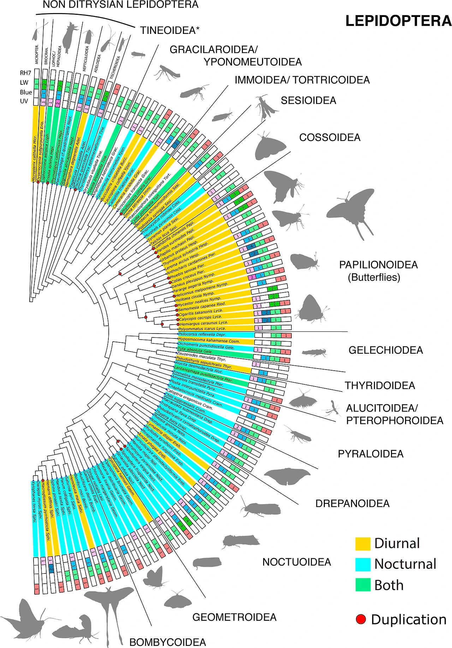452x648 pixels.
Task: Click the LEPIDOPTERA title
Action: (x=398, y=21)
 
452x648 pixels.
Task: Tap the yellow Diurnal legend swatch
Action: (x=363, y=543)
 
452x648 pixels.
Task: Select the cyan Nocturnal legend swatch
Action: (x=363, y=564)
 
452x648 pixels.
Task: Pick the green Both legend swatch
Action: (x=363, y=585)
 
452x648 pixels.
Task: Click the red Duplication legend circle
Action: (x=361, y=619)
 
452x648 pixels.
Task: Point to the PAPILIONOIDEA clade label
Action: (x=378, y=265)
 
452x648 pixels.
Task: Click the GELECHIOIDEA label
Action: (x=386, y=350)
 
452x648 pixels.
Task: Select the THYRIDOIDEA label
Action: (x=380, y=385)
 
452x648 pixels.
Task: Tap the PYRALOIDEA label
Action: (x=370, y=454)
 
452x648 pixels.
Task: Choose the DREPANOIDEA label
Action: (x=352, y=503)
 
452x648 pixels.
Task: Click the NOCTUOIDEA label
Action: (x=297, y=562)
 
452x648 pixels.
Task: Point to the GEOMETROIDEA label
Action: (x=234, y=617)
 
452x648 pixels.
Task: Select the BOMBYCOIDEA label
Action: (x=168, y=642)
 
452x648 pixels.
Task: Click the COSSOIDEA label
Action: (x=330, y=137)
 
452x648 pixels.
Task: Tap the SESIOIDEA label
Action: (x=308, y=101)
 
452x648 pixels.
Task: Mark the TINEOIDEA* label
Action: (x=169, y=30)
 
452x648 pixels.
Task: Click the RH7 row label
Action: (x=26, y=73)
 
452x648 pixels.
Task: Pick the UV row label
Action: (x=24, y=101)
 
